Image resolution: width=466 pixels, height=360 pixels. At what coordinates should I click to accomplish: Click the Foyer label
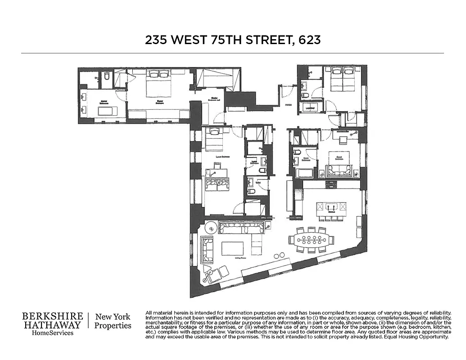288,105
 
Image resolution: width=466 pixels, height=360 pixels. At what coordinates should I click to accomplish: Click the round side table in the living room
211,228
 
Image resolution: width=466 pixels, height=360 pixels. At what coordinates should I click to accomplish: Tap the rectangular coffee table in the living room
232,248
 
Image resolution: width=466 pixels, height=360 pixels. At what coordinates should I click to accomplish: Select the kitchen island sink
332,207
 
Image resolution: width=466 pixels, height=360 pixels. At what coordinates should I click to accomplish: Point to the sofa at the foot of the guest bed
339,170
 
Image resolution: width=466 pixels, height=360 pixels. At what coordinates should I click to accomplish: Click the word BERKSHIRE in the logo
53,316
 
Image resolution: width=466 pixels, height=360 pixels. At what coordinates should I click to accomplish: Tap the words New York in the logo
113,316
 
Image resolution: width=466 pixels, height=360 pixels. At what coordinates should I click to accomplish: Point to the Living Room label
242,258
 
